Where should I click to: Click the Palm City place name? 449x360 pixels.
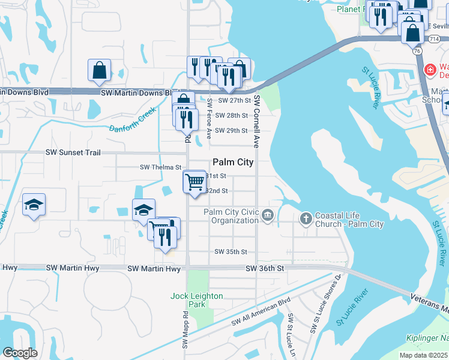click(233, 162)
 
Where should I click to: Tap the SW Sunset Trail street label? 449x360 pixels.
click(73, 153)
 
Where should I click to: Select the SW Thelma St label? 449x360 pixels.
click(160, 167)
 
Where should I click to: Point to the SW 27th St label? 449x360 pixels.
click(234, 101)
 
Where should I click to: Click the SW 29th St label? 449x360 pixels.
click(231, 130)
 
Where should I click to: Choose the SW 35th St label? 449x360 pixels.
click(231, 252)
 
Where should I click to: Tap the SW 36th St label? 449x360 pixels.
click(264, 269)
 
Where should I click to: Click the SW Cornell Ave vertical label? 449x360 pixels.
click(256, 121)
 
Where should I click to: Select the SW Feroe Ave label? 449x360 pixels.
click(209, 116)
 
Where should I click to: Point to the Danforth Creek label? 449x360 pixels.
click(133, 120)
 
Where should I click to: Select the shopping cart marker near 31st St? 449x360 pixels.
click(194, 181)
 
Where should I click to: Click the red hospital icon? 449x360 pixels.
click(430, 70)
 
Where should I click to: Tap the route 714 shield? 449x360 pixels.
click(433, 38)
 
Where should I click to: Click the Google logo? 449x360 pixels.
click(20, 352)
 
